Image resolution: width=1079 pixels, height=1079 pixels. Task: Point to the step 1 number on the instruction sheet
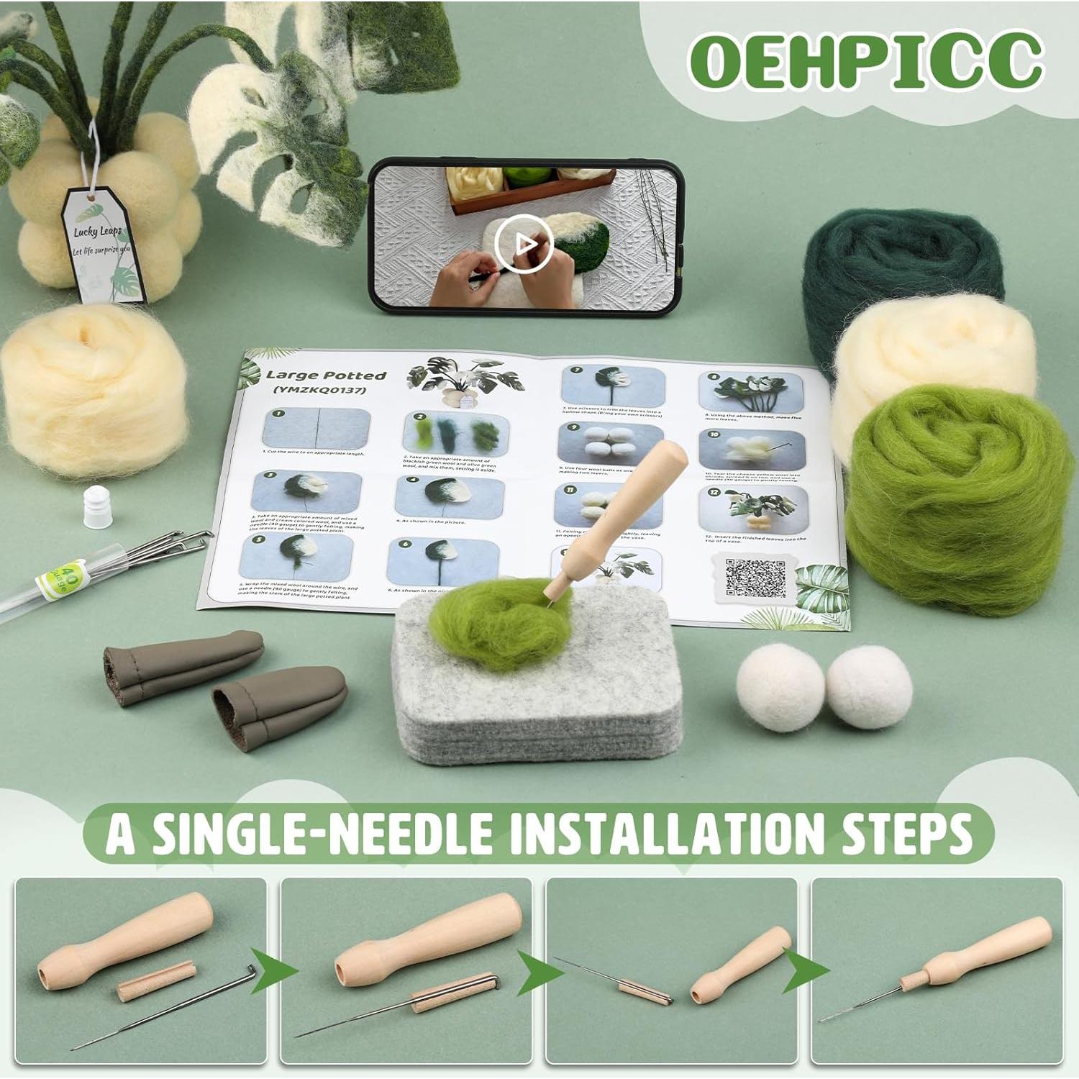tap(278, 415)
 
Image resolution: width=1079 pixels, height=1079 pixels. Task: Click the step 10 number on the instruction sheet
tap(714, 434)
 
